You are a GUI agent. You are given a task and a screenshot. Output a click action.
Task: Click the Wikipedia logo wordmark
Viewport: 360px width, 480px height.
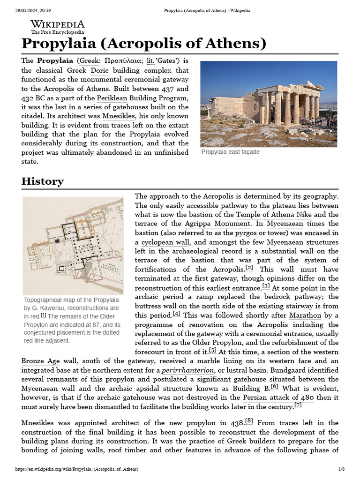coord(58,24)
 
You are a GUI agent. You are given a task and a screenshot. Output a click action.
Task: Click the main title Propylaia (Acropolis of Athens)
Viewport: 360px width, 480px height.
coord(144,44)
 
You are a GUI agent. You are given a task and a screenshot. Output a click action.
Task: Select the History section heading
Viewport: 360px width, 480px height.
coord(43,181)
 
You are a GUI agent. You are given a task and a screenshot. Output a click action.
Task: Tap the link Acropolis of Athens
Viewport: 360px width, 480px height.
coord(76,89)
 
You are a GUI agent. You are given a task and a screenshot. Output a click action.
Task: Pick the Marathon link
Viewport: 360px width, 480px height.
coord(305,315)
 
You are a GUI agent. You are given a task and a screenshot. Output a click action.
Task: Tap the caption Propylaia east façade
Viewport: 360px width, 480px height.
coord(230,152)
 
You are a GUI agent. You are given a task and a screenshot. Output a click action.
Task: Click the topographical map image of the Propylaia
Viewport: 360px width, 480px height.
coord(73,246)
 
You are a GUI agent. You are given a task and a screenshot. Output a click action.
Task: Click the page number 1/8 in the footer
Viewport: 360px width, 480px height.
coord(341,469)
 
